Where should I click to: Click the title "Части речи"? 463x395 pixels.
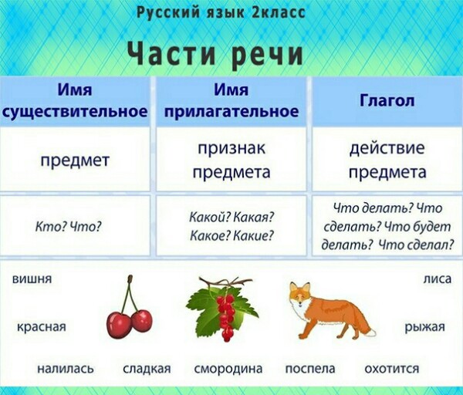click(x=215, y=54)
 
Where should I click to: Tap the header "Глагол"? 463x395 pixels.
click(x=387, y=100)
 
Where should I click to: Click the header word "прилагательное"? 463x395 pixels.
click(x=231, y=112)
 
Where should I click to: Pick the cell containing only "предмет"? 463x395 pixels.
click(x=75, y=160)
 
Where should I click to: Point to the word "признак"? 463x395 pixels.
click(x=231, y=149)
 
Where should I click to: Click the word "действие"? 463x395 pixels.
click(x=387, y=148)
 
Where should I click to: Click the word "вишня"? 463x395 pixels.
click(x=32, y=279)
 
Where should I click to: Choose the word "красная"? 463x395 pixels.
click(x=42, y=327)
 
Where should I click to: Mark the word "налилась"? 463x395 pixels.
click(x=66, y=369)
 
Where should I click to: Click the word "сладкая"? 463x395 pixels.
click(x=147, y=369)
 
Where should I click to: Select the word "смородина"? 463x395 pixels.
click(x=228, y=369)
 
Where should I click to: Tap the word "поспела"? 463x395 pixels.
click(x=310, y=369)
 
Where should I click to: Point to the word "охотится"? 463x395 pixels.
click(x=391, y=369)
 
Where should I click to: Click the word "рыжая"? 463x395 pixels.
click(x=424, y=327)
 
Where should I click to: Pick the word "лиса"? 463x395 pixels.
click(x=438, y=279)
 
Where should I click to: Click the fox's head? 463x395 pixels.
click(x=299, y=295)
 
